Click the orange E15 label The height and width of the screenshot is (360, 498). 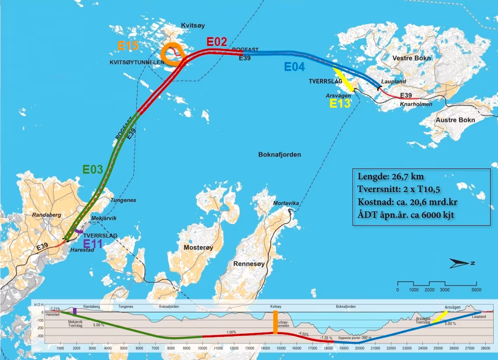[x=128, y=46]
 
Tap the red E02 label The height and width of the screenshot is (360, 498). [x=217, y=41]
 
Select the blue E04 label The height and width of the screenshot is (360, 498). [x=295, y=67]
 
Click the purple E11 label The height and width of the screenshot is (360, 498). [x=93, y=244]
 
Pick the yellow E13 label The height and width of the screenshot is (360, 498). [x=340, y=104]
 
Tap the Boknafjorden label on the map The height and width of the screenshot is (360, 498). [x=279, y=155]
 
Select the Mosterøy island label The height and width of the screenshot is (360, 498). [x=198, y=247]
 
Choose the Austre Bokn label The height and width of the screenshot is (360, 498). [x=455, y=120]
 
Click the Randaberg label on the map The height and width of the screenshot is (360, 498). [x=47, y=215]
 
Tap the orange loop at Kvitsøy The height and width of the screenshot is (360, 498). [x=173, y=54]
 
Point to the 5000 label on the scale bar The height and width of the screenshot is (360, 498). [x=476, y=290]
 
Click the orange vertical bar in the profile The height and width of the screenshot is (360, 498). [x=275, y=322]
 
